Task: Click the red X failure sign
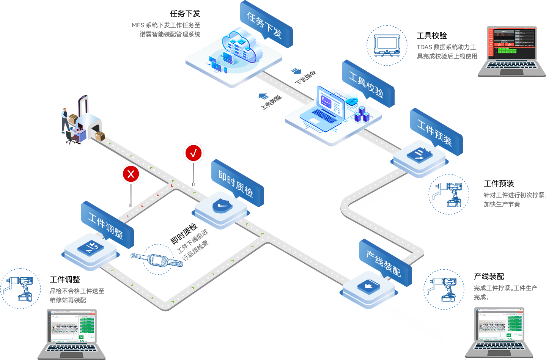tap(131, 174)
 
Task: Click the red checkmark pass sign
tap(194, 153)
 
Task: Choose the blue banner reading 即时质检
tap(236, 184)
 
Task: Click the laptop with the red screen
tap(511, 51)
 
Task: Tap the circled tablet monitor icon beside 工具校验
tap(387, 46)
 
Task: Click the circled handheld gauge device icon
tap(159, 259)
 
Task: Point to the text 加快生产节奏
tap(502, 204)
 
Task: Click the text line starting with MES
tap(166, 25)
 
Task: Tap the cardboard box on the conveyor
tap(101, 136)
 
